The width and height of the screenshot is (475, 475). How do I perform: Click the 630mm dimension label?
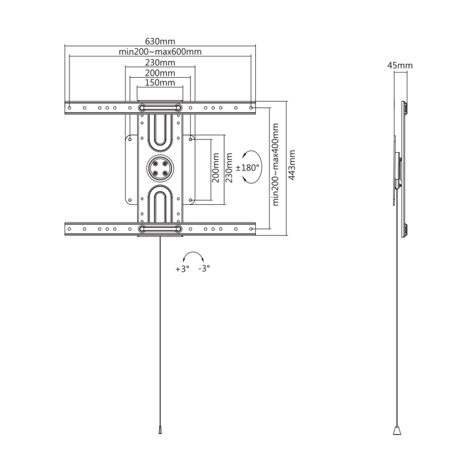point(160,41)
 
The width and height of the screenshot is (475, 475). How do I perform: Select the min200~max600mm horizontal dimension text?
point(160,52)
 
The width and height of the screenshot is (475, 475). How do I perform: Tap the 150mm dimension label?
point(160,83)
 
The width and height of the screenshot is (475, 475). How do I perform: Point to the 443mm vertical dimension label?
point(292,165)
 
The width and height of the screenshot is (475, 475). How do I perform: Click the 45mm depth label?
point(400,65)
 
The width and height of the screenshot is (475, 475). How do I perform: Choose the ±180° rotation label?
point(248,167)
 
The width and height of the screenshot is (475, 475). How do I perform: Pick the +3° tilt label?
point(182,269)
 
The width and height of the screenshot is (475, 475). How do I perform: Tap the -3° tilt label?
point(204,268)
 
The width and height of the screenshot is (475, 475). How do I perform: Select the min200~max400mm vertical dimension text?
point(275,164)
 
